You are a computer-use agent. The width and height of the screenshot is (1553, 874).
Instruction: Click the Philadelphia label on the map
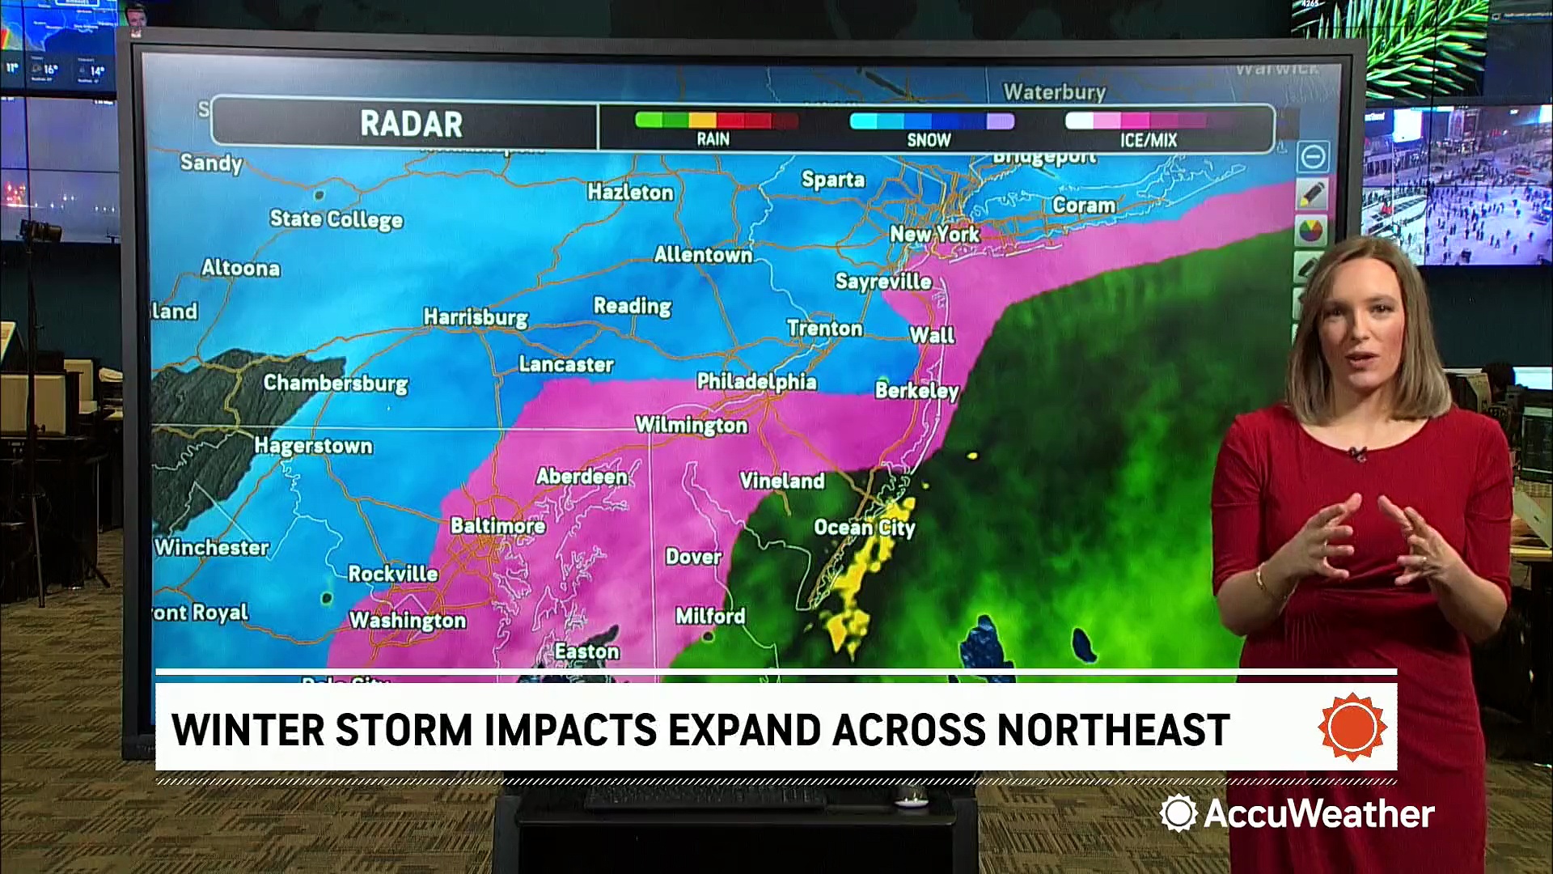[756, 382]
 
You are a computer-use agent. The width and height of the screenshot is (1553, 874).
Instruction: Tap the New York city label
[934, 235]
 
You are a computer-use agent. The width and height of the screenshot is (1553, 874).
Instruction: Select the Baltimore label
[497, 526]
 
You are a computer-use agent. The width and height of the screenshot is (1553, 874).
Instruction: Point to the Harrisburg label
[476, 316]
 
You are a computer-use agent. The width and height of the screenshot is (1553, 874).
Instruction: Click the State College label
[336, 219]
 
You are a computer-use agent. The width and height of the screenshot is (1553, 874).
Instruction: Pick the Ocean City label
[864, 528]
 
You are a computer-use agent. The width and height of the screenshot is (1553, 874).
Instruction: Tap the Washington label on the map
[408, 621]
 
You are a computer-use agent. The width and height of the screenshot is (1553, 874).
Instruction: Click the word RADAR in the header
[411, 125]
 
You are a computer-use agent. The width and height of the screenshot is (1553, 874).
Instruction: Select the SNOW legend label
[929, 140]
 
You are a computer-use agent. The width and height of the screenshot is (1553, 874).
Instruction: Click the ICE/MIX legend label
[1148, 140]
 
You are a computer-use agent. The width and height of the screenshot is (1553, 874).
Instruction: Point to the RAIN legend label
[713, 139]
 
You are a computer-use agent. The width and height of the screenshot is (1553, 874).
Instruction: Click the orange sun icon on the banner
[1352, 726]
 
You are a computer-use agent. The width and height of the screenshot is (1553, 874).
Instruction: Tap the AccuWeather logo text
[1318, 813]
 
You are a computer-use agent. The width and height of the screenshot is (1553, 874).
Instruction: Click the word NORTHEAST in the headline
[1114, 730]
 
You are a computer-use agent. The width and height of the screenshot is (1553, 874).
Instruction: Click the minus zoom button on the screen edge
[1312, 156]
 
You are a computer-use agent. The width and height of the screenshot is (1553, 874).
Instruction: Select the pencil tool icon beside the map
[1311, 194]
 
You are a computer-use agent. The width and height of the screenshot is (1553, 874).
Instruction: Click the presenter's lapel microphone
[1358, 453]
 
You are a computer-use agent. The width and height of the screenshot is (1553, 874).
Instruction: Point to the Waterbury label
[1054, 92]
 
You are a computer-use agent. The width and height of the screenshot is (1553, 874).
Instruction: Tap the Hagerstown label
[313, 446]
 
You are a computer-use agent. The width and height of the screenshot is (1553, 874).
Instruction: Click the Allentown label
[703, 255]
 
